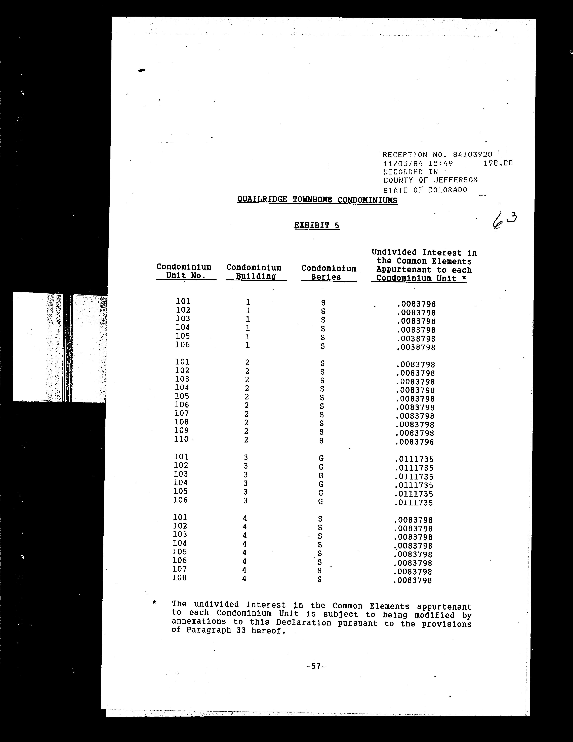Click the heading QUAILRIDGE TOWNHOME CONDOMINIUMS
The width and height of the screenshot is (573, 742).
pos(317,200)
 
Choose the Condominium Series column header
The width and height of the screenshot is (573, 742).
pos(329,273)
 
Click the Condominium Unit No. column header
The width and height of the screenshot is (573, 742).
pos(184,271)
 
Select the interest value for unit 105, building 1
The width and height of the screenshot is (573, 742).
pos(416,339)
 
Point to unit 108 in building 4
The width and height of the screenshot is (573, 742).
pos(179,578)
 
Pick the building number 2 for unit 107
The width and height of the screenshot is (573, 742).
pos(247,414)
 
